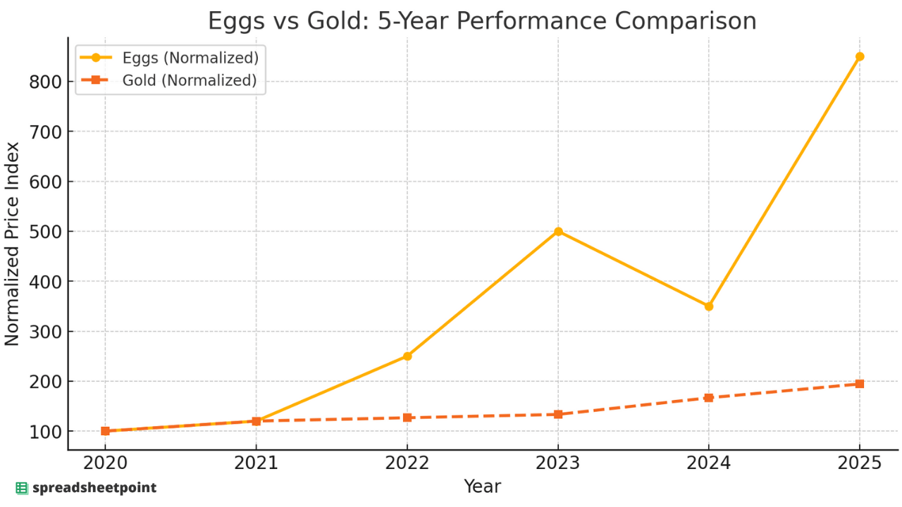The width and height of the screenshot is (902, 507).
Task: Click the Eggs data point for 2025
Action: (x=860, y=56)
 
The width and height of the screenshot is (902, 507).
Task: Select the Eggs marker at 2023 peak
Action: (x=558, y=231)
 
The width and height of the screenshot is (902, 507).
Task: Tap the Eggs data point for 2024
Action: (x=709, y=306)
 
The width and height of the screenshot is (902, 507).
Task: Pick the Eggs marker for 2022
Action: (x=407, y=356)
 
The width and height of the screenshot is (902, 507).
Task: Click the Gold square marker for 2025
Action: (x=860, y=384)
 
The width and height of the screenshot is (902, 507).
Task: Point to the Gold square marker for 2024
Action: (x=709, y=398)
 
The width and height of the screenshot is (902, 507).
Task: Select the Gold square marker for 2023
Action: (x=558, y=414)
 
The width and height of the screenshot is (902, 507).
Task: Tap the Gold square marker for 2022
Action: (x=407, y=418)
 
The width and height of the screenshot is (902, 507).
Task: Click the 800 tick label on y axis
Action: (x=44, y=82)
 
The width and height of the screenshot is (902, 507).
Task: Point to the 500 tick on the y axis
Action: (x=44, y=232)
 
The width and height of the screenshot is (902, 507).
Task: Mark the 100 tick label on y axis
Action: (x=44, y=432)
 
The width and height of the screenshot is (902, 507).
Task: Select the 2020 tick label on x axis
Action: (x=105, y=464)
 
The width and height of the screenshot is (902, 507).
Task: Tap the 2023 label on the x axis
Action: (x=558, y=464)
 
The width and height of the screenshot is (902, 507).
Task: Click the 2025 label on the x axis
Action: (x=860, y=464)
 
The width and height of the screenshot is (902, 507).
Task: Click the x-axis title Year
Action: (x=482, y=487)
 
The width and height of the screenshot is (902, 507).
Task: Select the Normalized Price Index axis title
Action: (x=13, y=244)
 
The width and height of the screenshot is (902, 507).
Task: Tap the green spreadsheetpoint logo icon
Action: (x=22, y=488)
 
